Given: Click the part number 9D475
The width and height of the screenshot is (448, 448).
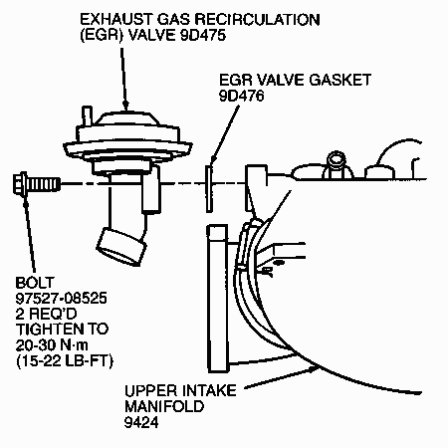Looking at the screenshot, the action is [203, 35].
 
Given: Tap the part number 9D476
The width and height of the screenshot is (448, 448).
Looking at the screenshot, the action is [242, 96].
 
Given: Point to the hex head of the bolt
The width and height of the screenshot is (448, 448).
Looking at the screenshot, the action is [20, 183].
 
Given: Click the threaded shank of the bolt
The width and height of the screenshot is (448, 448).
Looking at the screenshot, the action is [43, 183].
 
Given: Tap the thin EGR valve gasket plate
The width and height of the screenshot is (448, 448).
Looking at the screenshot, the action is [209, 188].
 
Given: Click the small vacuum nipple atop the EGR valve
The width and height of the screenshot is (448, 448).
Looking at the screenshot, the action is [87, 115].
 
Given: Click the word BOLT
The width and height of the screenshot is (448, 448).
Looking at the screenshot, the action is [35, 283].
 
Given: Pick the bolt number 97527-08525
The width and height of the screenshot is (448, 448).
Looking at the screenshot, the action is [62, 299].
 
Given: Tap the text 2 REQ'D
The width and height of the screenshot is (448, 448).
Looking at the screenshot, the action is [46, 314].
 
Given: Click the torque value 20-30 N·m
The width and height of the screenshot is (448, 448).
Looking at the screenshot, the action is [52, 345].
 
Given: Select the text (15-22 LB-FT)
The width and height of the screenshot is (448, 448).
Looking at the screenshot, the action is [65, 360].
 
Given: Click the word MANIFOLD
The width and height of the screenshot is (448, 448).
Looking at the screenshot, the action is [164, 406].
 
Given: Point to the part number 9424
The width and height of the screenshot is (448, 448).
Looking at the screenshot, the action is [141, 422].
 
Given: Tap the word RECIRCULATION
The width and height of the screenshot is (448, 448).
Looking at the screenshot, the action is [257, 20].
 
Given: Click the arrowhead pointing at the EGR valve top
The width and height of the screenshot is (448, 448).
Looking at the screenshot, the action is [125, 106].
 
